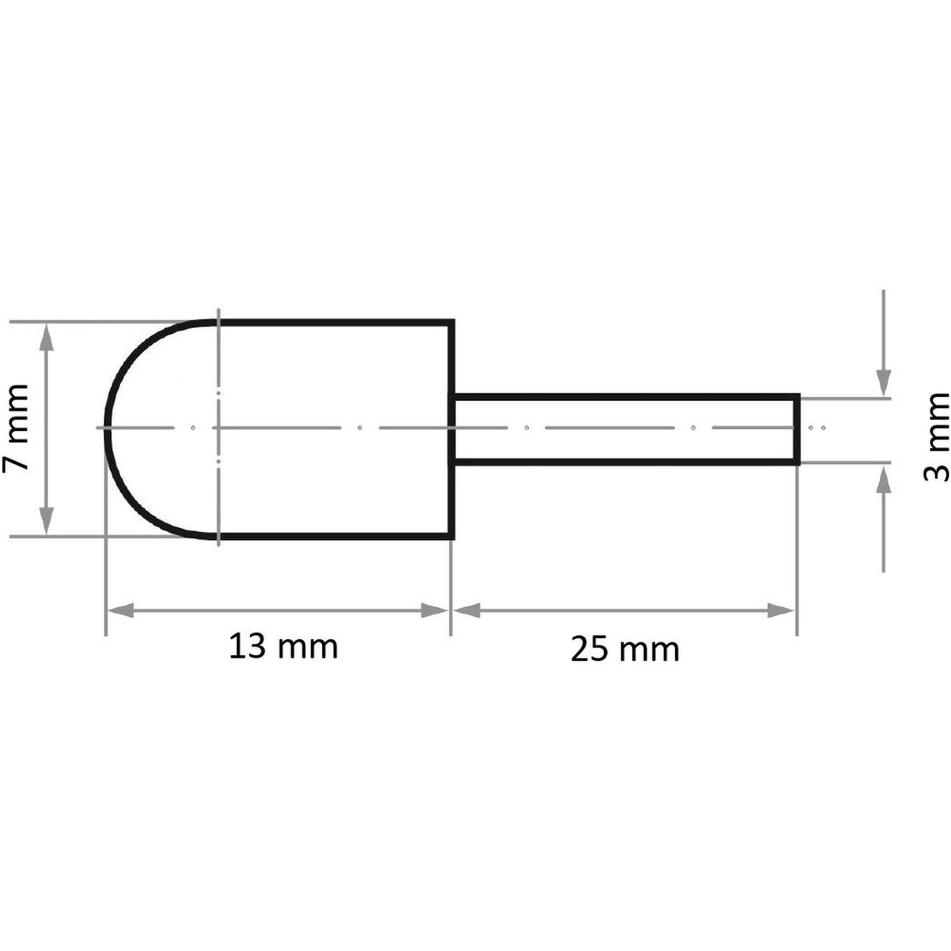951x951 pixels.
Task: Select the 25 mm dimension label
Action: click(625, 650)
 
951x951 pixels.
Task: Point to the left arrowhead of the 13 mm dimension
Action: click(121, 611)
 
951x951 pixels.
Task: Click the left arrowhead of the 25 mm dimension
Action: click(466, 611)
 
